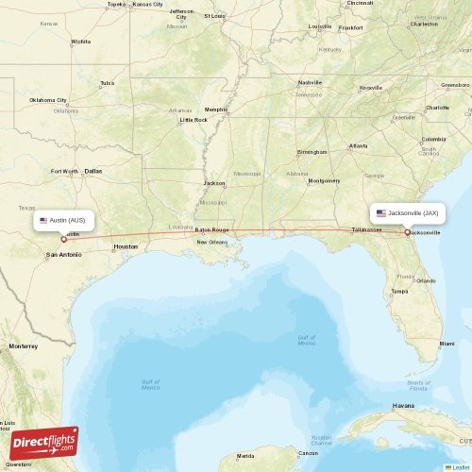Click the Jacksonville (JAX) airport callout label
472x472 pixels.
[x=407, y=213]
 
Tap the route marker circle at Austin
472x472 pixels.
[x=64, y=239]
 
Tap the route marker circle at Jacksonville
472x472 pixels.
[x=407, y=232]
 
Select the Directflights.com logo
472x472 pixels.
[x=44, y=442]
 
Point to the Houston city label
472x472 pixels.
[x=125, y=246]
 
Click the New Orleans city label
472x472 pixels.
[x=211, y=243]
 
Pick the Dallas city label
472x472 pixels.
[x=93, y=171]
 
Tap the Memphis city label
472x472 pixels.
[x=216, y=109]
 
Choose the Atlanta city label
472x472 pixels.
[x=358, y=145]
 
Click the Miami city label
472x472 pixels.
[x=446, y=344]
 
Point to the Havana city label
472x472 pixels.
[x=403, y=405]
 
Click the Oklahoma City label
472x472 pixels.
[x=48, y=100]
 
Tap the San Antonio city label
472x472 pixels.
[x=63, y=255]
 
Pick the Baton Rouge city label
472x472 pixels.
[x=212, y=229]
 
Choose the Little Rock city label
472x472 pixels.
[x=194, y=120]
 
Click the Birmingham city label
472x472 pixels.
[x=312, y=151]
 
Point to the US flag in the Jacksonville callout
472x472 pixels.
[x=381, y=213]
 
